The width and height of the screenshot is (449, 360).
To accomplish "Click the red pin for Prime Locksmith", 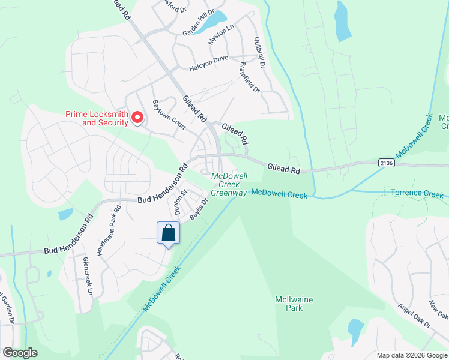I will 137,118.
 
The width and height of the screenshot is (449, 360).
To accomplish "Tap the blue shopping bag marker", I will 169,233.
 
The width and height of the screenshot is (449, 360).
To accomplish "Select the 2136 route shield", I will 386,162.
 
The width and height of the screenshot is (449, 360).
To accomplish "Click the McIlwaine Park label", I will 294,304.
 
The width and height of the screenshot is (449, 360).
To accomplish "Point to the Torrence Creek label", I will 417,194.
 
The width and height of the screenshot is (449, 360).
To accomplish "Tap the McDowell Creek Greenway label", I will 229,184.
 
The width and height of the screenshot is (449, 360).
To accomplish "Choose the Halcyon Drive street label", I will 209,67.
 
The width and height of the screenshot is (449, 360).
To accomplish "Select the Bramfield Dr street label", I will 249,78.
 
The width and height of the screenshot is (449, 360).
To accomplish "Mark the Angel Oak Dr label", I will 414,315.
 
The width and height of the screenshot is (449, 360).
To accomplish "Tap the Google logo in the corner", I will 20,353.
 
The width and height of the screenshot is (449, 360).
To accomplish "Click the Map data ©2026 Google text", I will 412,355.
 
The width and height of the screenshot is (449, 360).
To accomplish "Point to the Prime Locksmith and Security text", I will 97,118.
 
